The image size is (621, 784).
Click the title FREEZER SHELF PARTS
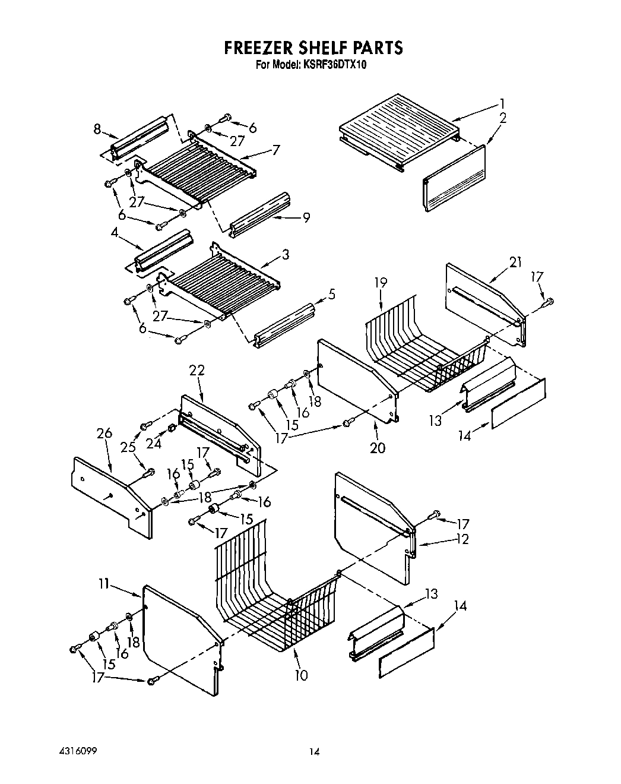pyautogui.click(x=313, y=48)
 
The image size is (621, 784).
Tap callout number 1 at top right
pyautogui.click(x=502, y=102)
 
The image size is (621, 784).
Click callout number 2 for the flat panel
pyautogui.click(x=503, y=118)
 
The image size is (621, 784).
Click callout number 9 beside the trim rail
pyautogui.click(x=306, y=217)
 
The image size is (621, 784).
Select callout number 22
pyautogui.click(x=197, y=370)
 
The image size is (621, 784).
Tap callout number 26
pyautogui.click(x=104, y=434)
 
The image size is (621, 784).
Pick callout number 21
pyautogui.click(x=515, y=262)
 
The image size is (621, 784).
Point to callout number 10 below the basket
pyautogui.click(x=302, y=675)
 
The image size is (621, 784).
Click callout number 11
pyautogui.click(x=104, y=584)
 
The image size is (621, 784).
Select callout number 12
pyautogui.click(x=462, y=539)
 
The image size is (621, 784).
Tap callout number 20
pyautogui.click(x=378, y=447)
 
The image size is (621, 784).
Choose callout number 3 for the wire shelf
pyautogui.click(x=286, y=255)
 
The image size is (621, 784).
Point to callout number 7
pyautogui.click(x=275, y=150)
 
